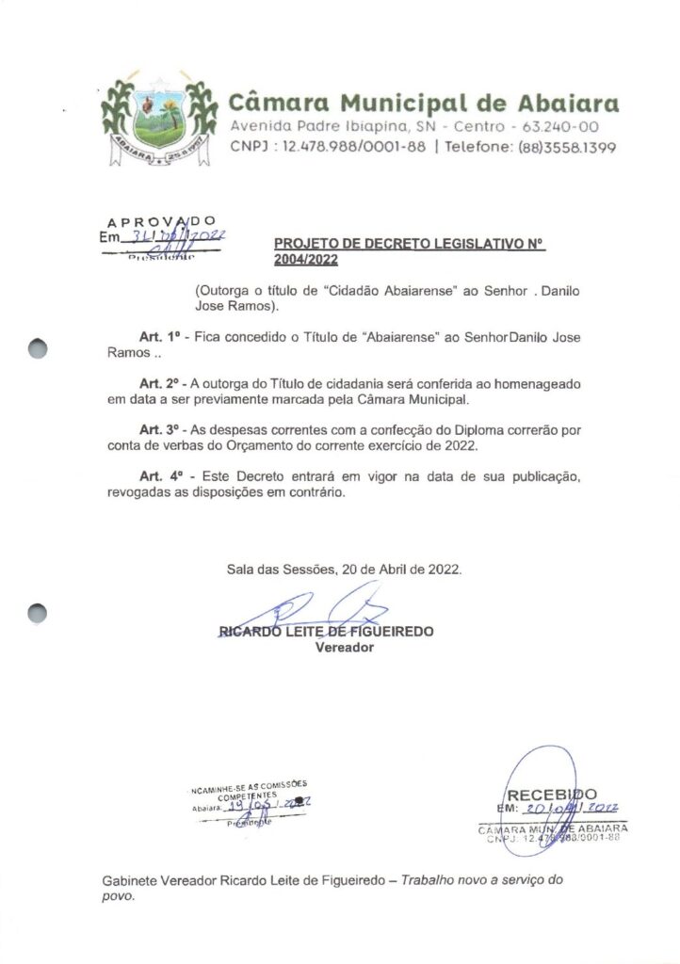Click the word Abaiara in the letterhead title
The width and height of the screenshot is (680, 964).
569,102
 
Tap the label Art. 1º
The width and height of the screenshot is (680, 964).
159,337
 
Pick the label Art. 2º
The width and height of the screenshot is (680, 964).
159,384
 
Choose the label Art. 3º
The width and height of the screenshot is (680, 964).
159,430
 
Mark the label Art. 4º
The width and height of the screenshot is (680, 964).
159,477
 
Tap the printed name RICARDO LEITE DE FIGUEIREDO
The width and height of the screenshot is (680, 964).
326,632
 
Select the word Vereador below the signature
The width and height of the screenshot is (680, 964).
345,648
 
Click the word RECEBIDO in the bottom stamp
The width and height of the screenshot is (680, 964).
552,795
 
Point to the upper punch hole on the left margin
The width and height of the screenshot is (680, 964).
37,347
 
